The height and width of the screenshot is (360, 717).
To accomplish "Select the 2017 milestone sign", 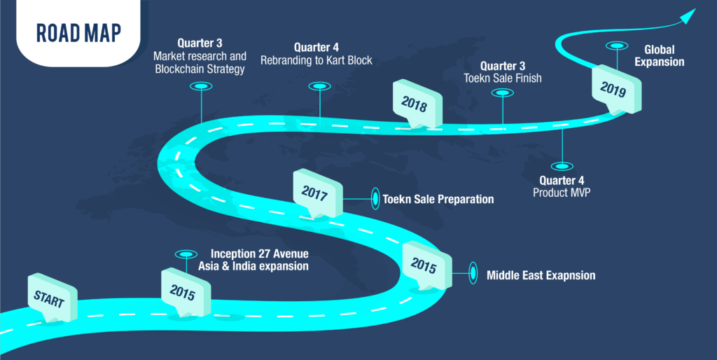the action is click(316, 193).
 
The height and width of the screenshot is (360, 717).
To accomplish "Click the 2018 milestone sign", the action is click(415, 102).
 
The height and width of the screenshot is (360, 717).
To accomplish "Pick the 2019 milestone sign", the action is click(615, 88).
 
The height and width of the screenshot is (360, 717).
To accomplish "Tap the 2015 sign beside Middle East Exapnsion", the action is click(424, 265).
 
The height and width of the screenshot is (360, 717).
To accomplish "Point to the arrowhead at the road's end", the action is click(689, 15).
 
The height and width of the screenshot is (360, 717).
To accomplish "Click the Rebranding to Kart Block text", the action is click(316, 60).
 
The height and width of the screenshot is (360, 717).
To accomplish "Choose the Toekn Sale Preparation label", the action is click(438, 200).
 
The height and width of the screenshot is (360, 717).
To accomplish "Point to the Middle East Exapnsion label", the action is click(541, 275).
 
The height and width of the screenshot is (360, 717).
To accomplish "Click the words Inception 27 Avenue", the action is click(260, 254).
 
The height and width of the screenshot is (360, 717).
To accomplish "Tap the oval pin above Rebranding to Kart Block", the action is click(319, 86).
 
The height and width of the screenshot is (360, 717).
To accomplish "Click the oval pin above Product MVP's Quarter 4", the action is click(562, 167).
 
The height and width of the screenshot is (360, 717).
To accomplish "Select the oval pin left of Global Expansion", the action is click(617, 46).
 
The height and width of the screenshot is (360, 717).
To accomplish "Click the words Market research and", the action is click(200, 56).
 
